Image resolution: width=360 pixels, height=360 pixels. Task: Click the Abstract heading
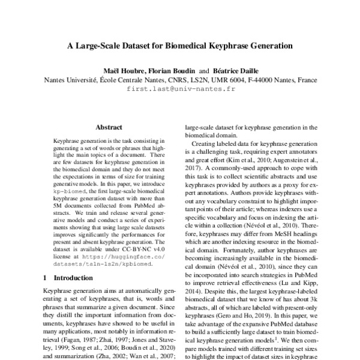pyautogui.click(x=109, y=127)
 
